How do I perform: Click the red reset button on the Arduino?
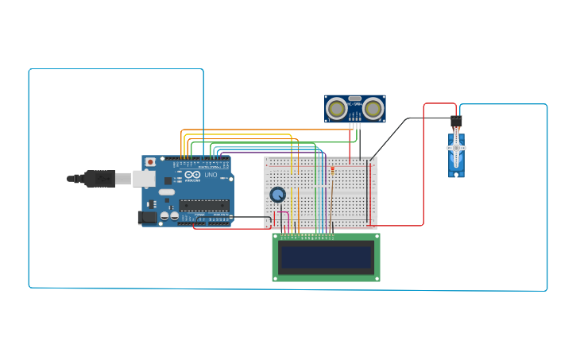click(150, 162)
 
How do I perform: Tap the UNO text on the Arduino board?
click(211, 175)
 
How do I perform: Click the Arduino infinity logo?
click(193, 175)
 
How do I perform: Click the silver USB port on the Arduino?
click(144, 179)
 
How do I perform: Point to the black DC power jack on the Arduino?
click(147, 217)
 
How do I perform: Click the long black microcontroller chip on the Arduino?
click(204, 205)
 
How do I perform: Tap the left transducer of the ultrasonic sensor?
click(337, 107)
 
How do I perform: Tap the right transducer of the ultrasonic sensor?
click(373, 107)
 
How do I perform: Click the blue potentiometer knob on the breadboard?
click(277, 195)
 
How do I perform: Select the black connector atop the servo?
click(456, 122)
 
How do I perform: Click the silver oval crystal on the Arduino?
click(166, 192)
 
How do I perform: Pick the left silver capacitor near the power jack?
click(164, 215)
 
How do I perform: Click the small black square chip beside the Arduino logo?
click(168, 180)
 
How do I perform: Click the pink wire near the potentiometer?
click(284, 219)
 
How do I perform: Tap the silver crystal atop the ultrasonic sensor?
click(355, 99)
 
